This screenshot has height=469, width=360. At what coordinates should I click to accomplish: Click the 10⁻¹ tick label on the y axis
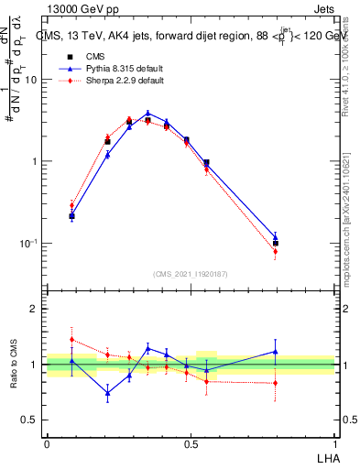(x=30, y=244)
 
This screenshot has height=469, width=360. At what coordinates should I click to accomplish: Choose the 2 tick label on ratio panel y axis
(x=36, y=309)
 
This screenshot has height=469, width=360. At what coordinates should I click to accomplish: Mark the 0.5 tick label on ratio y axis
(x=31, y=420)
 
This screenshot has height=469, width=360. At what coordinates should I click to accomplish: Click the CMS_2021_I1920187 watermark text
(x=191, y=274)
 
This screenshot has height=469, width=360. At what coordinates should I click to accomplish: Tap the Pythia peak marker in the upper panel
(x=147, y=114)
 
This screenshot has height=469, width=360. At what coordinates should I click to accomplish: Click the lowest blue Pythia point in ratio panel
(x=108, y=393)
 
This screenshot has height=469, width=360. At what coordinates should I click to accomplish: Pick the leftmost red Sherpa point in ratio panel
(x=71, y=339)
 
